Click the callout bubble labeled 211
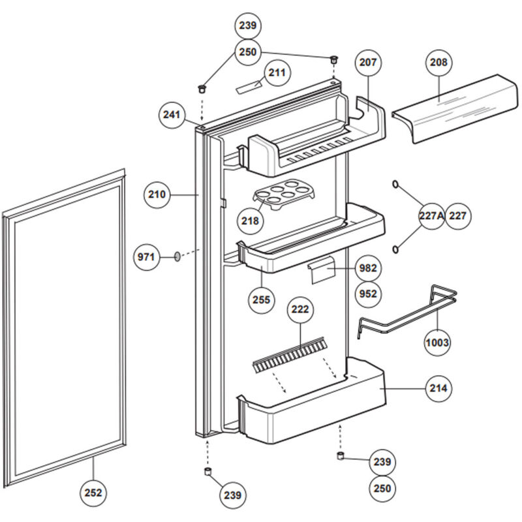point(277,73)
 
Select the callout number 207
point(368,63)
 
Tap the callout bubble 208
point(438,63)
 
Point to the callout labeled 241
point(172,115)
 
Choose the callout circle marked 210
point(158,194)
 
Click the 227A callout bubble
point(431,216)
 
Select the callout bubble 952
point(368,294)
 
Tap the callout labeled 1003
point(437,342)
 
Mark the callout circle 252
point(95,493)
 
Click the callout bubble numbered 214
point(438,388)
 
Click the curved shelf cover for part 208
point(450,108)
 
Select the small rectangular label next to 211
point(249,85)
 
